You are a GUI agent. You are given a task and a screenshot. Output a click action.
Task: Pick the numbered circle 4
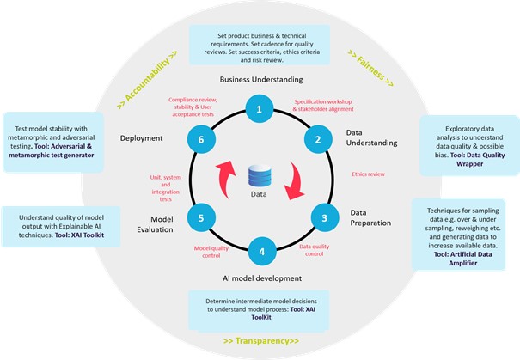[260, 253]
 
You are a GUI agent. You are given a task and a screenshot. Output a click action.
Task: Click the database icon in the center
[260, 176]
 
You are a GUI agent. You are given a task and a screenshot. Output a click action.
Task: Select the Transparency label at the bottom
[260, 340]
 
